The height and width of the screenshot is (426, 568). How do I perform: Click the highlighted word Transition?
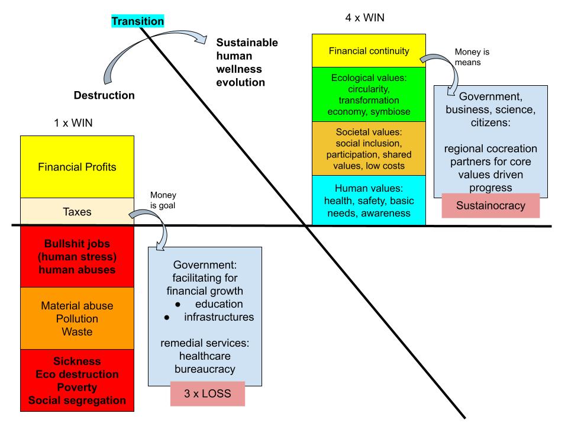[138, 21]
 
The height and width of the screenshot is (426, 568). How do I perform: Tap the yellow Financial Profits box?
[77, 167]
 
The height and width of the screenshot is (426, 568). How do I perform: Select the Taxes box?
[77, 211]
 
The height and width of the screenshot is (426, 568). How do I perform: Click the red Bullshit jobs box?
[77, 257]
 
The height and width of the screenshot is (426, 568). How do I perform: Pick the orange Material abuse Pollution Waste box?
[77, 318]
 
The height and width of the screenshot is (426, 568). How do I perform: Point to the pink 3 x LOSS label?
[207, 393]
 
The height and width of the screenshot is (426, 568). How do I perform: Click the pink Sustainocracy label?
[482, 205]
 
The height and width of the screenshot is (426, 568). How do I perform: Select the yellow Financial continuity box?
[369, 51]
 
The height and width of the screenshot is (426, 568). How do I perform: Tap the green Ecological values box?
[369, 95]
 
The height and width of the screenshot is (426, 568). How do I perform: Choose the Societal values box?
[369, 149]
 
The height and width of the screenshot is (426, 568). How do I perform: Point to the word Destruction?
[104, 95]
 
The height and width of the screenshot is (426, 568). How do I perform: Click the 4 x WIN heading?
[364, 18]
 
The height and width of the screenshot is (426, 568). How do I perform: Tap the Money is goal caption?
[163, 200]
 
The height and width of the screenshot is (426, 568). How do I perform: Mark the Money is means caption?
[472, 56]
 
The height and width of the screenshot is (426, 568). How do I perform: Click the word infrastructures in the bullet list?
[218, 317]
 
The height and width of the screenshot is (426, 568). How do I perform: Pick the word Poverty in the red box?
[77, 387]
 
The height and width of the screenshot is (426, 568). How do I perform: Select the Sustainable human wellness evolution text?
[247, 62]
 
